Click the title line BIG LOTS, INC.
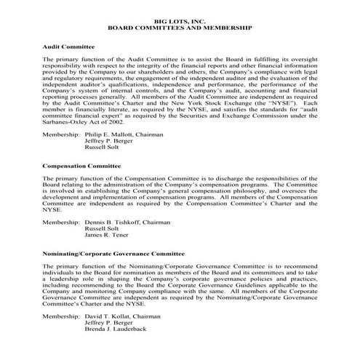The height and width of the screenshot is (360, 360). coord(180,20)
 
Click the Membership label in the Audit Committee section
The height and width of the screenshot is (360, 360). coord(60,135)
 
